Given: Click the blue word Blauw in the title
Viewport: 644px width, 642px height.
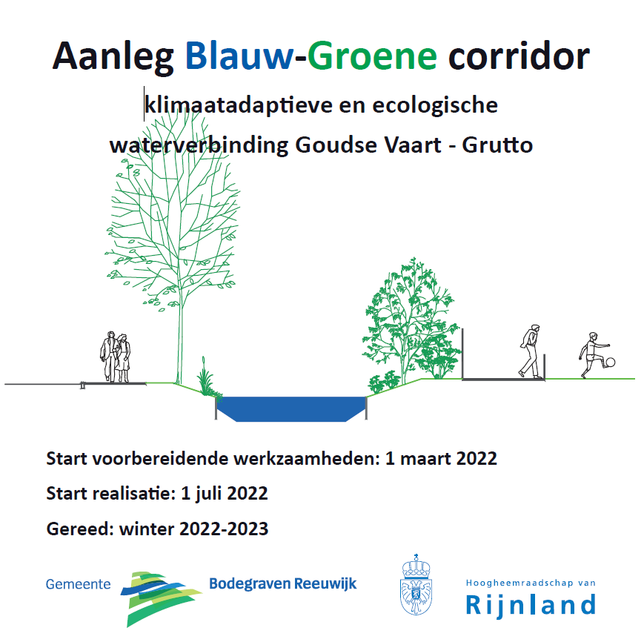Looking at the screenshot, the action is [239, 56].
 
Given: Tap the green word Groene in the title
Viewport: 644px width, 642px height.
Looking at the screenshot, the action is [372, 56].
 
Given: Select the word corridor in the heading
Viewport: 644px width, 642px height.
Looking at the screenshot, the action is [519, 56].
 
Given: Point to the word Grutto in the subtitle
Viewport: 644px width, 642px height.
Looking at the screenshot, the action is [497, 145].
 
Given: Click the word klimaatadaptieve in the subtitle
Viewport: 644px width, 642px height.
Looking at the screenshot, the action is [239, 105].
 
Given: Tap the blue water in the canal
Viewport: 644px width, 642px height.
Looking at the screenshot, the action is [291, 408].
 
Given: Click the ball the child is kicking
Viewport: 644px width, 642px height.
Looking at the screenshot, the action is [611, 363].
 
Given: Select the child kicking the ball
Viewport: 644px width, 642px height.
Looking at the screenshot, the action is [594, 355].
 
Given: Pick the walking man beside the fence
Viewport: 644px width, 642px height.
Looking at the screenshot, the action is [530, 351].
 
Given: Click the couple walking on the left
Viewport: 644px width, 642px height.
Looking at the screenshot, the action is [116, 357].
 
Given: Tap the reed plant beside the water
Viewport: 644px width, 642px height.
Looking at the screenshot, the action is [206, 378].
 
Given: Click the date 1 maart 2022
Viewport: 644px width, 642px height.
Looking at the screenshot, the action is [441, 458].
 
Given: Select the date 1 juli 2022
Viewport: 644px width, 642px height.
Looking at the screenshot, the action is [225, 493].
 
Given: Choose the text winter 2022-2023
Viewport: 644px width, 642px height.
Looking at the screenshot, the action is [194, 529].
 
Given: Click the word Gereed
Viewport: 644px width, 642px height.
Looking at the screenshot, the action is [80, 529].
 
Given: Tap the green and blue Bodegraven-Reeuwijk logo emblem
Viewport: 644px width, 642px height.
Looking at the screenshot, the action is [161, 598].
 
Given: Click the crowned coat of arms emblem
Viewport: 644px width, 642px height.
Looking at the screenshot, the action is [416, 584].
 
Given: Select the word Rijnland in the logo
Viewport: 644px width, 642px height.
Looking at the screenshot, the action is [531, 605].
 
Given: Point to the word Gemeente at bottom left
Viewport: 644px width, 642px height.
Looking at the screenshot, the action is [78, 584].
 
